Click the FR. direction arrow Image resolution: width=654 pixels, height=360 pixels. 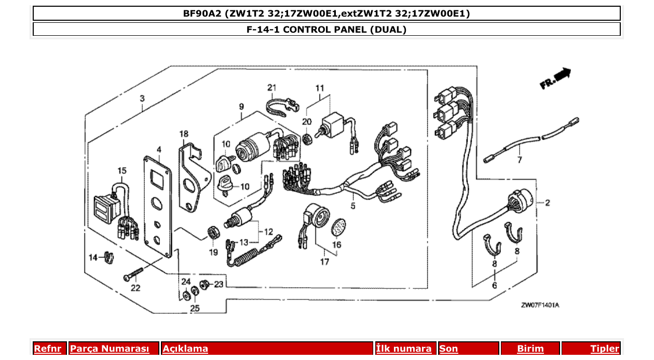click(556, 79)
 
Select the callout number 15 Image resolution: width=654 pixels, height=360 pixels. click(122, 171)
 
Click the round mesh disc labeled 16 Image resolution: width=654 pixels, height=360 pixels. click(338, 226)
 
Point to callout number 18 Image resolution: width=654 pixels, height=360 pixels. click(184, 134)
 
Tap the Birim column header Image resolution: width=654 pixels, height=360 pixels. click(530, 349)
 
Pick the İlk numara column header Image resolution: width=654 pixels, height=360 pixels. click(403, 349)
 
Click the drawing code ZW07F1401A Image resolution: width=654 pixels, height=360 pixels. click(540, 305)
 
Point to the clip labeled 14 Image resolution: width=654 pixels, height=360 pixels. click(108, 256)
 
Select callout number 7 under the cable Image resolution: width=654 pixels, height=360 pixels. click(520, 160)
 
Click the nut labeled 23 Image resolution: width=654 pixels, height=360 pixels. click(205, 284)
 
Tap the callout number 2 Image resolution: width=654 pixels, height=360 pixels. click(547, 203)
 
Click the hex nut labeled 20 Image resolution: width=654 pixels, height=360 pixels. click(307, 139)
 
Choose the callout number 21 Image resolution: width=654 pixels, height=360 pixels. click(272, 87)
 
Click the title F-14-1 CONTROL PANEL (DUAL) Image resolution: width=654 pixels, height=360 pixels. click(326, 30)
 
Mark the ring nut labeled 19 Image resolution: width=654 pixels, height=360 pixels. click(212, 232)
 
